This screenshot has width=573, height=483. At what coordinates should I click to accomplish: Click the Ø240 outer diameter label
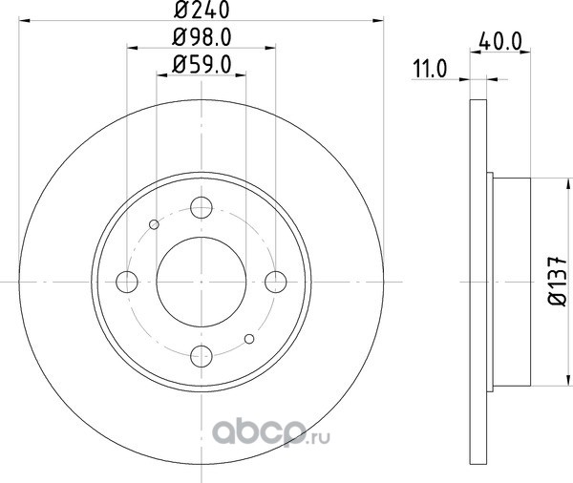[x=202, y=10]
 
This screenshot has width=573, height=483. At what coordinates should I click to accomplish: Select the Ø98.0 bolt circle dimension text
[x=202, y=37]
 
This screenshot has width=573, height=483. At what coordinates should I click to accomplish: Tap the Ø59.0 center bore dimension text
[x=202, y=65]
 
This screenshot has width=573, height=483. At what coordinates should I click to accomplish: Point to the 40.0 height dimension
[x=499, y=41]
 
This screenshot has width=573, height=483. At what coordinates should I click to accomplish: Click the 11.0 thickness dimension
[x=430, y=69]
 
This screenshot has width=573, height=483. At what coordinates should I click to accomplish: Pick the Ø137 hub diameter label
[x=558, y=281]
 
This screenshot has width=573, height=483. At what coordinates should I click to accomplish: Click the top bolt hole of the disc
[x=202, y=207]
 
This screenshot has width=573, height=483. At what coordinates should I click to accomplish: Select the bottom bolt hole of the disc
[x=202, y=356]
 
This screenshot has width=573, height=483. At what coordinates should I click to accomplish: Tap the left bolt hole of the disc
[x=127, y=282]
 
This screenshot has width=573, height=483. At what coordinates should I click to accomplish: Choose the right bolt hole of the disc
[x=276, y=282]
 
